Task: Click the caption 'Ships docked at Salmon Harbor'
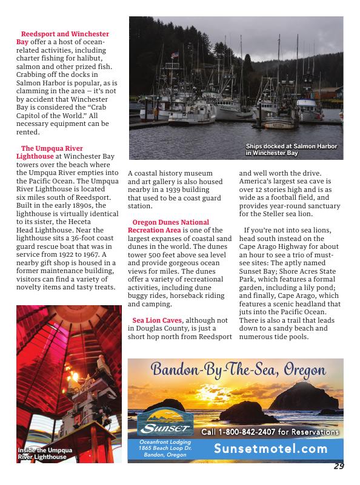(291, 150)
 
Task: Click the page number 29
(338, 466)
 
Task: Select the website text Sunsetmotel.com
(270, 449)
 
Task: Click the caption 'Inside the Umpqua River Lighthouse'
(45, 454)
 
